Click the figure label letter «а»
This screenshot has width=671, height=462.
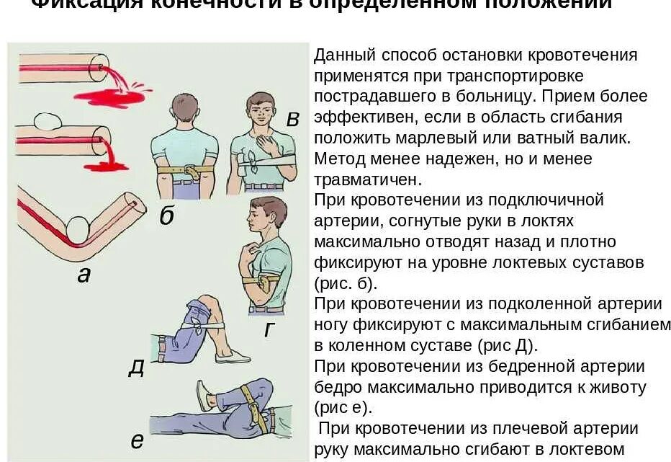[84, 274]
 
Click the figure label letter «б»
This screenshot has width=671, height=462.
[167, 216]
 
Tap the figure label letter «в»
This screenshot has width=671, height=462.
[292, 119]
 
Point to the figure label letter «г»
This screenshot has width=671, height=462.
[270, 330]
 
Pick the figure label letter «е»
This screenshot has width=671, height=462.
[137, 440]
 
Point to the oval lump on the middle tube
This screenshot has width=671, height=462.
[46, 120]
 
